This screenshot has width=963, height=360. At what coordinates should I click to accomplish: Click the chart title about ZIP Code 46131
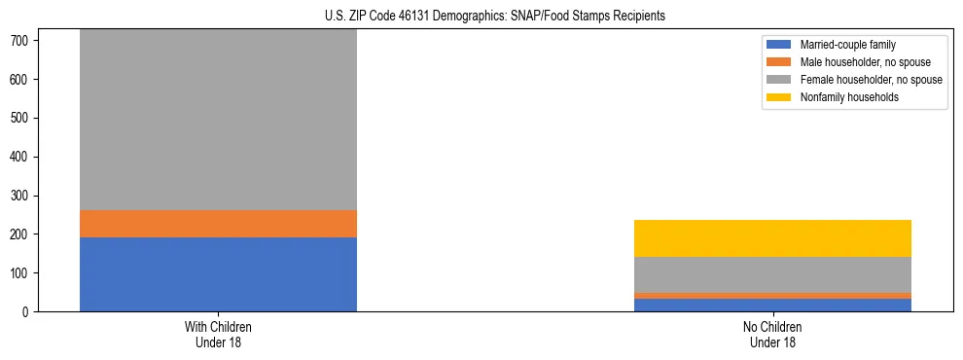click(495, 16)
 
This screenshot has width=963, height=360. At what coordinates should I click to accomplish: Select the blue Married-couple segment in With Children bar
click(218, 274)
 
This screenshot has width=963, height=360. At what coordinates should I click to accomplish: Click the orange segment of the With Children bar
click(218, 224)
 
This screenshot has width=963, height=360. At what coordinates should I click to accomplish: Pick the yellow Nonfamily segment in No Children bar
click(772, 238)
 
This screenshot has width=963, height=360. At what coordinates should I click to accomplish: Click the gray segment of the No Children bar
click(772, 274)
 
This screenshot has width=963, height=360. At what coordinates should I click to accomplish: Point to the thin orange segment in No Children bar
click(772, 296)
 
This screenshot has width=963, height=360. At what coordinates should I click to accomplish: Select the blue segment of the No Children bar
click(772, 305)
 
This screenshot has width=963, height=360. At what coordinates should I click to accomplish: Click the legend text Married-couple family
click(848, 45)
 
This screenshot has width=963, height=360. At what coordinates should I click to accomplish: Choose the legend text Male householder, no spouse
click(865, 62)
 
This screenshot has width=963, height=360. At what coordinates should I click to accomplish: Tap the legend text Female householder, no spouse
click(871, 80)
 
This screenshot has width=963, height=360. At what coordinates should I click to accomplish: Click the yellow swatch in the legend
click(779, 97)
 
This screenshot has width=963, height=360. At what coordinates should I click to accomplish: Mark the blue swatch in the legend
click(779, 45)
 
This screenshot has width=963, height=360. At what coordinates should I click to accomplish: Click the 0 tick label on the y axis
click(29, 312)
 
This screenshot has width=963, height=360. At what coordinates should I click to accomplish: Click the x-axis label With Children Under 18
click(218, 335)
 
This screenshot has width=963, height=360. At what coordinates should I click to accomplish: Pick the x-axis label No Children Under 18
click(772, 335)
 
